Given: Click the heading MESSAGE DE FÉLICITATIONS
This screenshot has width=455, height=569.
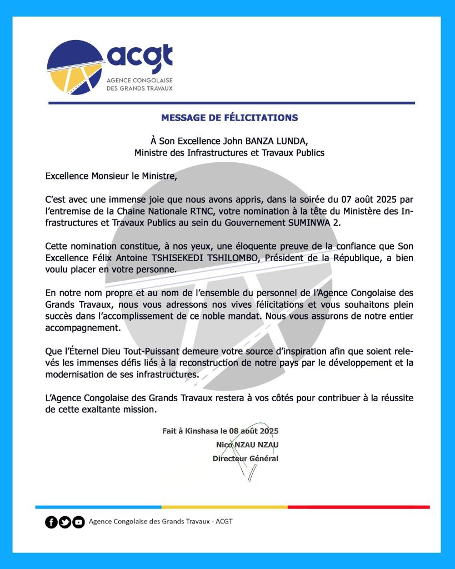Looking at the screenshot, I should click(229, 118).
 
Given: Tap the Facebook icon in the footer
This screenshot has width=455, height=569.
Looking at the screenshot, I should click(51, 522).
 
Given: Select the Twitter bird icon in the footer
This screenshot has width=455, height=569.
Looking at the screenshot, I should click(65, 522).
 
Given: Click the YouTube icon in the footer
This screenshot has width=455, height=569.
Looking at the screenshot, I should click(78, 522).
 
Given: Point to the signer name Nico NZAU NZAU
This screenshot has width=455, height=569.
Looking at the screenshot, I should click(247, 445).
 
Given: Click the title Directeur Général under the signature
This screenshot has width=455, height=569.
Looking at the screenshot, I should click(245, 458).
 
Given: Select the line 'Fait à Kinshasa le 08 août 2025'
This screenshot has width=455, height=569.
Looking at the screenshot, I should click(220, 431).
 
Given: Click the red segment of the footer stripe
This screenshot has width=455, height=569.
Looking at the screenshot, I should click(359, 507).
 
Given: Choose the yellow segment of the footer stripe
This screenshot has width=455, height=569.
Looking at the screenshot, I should click(224, 507).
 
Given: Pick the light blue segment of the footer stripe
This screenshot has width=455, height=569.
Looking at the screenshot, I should click(98, 507).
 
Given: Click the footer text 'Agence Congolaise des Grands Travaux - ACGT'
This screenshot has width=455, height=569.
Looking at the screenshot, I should click(161, 522).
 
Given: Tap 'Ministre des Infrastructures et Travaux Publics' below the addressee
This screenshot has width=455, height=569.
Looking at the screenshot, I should click(229, 152).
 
